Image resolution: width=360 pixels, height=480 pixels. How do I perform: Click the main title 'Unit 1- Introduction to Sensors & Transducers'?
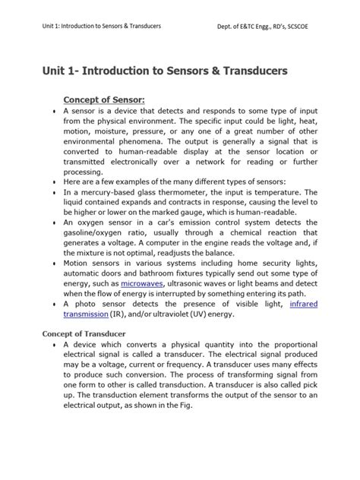coord(164,71)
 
